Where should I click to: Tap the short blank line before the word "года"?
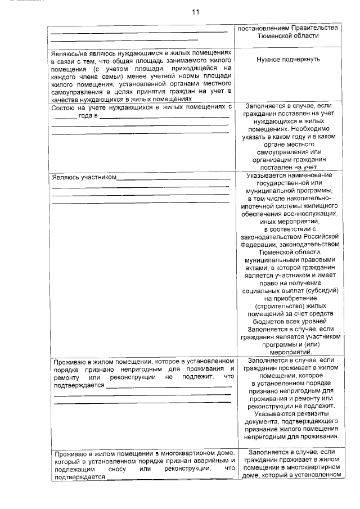point(64,116)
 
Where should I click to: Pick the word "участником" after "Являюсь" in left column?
point(99,178)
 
